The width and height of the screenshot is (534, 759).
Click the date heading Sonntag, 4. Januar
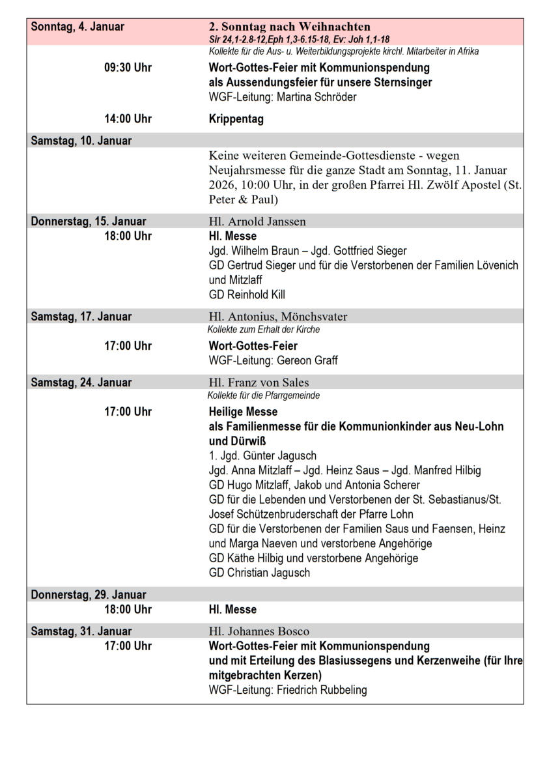pos(77,27)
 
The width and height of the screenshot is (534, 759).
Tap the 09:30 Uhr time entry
pos(128,68)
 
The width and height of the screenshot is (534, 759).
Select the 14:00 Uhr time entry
pos(128,119)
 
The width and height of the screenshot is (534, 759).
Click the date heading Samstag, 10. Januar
pos(81,141)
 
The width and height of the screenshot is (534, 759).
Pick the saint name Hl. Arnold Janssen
pos(257,222)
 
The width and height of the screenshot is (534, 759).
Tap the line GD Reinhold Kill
pos(247,294)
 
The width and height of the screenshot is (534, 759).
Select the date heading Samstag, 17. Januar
pos(81,317)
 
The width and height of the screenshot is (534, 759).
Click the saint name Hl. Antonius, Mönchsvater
pos(278,317)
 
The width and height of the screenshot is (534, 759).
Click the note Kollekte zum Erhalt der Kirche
pos(264,330)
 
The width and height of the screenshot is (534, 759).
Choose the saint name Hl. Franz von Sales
pos(259,382)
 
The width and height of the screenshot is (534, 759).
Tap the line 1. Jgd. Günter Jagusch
pos(262,455)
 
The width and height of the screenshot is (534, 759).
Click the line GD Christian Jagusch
pos(259,573)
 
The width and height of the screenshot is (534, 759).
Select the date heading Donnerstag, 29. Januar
pos(89,594)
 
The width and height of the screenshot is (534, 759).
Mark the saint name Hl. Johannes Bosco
pos(259,631)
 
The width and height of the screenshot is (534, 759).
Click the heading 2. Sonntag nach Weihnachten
pos(289,27)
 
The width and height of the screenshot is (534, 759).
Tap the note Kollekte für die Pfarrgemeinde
pos(264,395)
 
